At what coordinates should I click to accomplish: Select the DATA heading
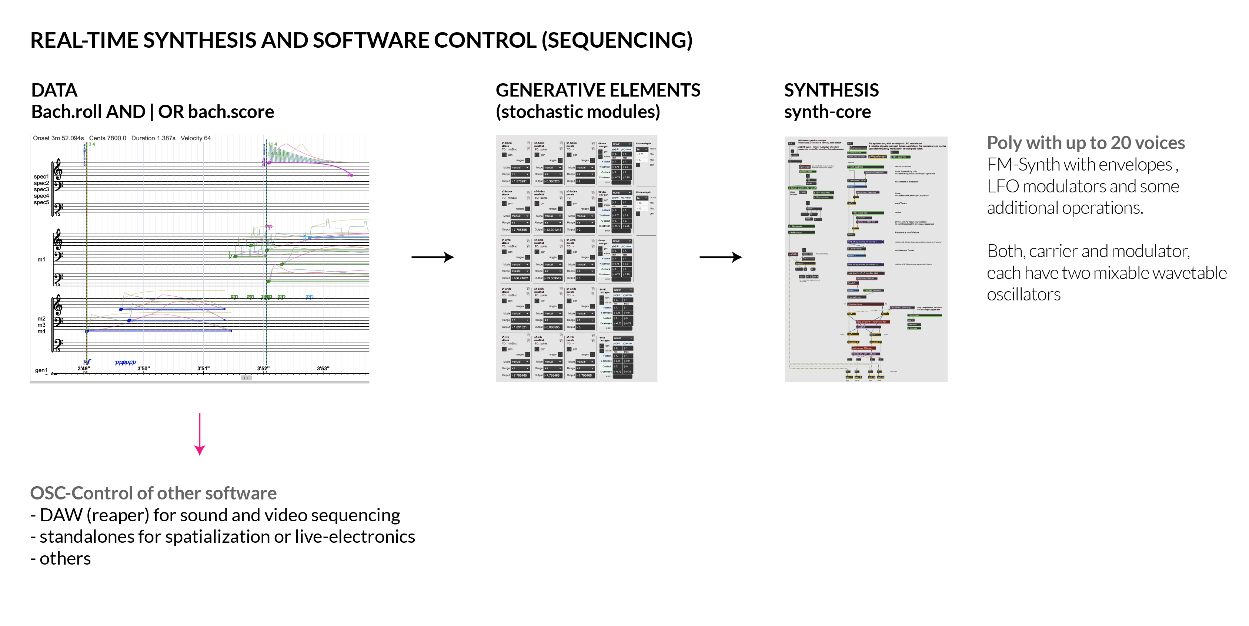point(54,91)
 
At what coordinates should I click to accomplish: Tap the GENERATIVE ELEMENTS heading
point(598,91)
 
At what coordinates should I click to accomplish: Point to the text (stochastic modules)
point(577,112)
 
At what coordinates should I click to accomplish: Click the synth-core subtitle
point(827,112)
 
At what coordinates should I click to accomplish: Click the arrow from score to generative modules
point(433,257)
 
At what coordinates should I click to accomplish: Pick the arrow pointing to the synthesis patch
point(721,257)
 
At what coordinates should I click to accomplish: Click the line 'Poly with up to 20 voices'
point(1086,143)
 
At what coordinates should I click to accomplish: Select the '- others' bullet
point(61,559)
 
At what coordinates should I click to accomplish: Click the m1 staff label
point(41,260)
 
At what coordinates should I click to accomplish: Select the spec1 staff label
point(41,177)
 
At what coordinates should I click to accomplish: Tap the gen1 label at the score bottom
point(41,371)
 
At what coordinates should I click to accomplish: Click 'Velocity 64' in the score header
point(196,138)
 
